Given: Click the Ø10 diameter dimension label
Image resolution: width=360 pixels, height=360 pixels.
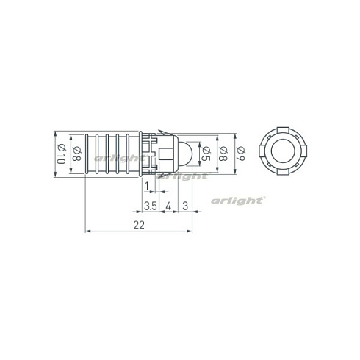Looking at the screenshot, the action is tap(61, 154).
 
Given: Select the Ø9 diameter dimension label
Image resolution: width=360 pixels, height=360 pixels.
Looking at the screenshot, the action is tap(240, 154).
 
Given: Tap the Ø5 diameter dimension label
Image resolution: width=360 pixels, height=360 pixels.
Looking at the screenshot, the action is tap(206, 154).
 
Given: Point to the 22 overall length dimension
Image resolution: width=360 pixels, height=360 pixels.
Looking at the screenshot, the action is tap(139, 225).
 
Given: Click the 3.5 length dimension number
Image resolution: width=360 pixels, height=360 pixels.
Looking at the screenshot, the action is tap(150, 206).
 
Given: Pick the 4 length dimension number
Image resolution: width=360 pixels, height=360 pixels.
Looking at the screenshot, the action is tap(168, 206).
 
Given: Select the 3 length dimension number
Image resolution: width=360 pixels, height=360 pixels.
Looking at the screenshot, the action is tap(185, 206).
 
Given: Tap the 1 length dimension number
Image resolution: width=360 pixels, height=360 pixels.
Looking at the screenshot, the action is tap(147, 187).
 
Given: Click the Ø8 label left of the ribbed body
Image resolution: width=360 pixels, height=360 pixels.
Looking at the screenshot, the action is tap(76, 154).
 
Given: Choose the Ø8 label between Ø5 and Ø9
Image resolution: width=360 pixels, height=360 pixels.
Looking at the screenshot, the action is tap(223, 154).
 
